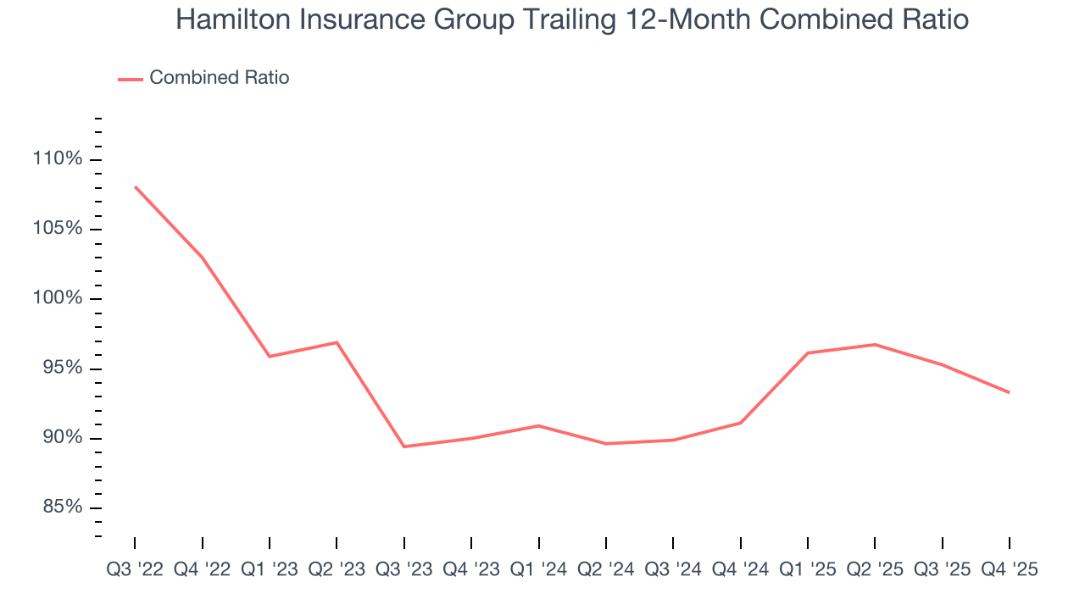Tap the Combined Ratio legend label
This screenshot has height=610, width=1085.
click(219, 78)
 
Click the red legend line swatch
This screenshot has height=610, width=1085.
click(131, 79)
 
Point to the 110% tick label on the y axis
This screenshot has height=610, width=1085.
click(58, 159)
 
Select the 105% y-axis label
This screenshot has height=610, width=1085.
click(58, 229)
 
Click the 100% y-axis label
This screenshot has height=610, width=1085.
click(58, 298)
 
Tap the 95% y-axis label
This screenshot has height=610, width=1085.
click(63, 368)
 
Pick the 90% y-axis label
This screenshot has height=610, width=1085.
click(63, 437)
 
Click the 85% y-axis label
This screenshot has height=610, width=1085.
click(63, 507)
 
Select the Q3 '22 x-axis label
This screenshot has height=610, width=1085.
click(135, 569)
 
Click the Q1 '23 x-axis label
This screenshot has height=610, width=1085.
click(270, 569)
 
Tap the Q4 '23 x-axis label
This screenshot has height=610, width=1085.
click(471, 569)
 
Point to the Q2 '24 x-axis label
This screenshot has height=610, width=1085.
click(606, 569)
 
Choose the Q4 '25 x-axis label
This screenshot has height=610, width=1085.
click(1010, 569)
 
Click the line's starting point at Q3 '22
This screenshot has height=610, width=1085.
click(135, 186)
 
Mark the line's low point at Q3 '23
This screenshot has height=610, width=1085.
click(404, 446)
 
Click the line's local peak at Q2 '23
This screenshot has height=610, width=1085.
click(337, 342)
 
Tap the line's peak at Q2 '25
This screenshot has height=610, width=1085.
click(875, 344)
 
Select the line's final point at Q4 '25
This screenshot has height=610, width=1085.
click(1009, 392)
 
